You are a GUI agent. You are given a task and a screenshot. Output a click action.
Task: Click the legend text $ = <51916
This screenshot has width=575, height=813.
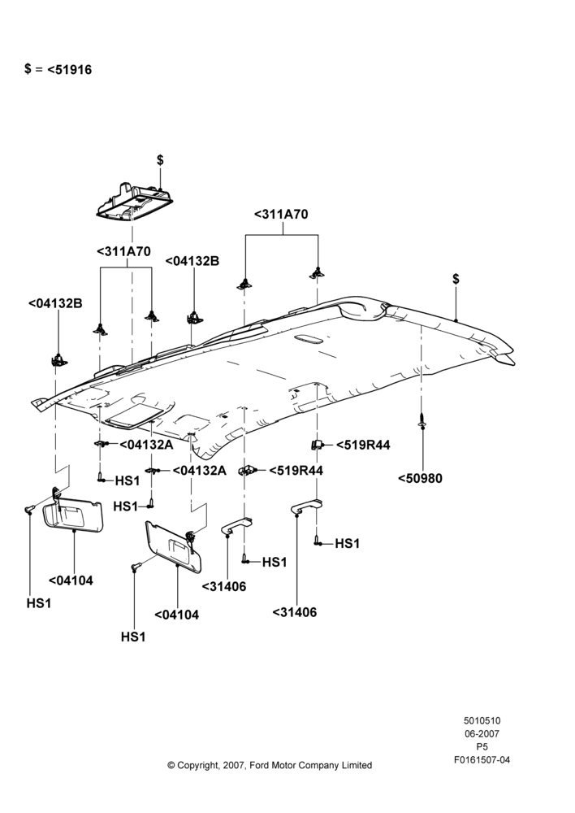(58, 69)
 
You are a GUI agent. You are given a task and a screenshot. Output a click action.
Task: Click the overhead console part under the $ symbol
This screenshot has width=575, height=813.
(135, 203)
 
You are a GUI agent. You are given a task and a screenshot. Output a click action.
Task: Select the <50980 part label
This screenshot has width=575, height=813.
(420, 478)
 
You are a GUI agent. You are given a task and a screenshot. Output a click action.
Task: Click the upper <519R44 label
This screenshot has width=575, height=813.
(363, 445)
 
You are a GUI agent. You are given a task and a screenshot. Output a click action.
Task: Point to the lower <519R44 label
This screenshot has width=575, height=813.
(296, 470)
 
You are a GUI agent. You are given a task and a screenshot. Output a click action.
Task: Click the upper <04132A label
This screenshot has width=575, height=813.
(147, 445)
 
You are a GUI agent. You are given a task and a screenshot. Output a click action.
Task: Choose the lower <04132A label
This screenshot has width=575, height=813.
(200, 470)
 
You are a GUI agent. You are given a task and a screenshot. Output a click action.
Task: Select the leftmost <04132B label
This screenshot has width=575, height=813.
(55, 303)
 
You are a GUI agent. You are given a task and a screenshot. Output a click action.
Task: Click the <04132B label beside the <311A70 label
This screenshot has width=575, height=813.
(192, 261)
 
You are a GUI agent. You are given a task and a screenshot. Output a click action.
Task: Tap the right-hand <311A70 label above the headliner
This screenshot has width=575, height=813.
(281, 214)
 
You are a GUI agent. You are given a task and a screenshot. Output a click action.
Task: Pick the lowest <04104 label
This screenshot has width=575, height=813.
(177, 615)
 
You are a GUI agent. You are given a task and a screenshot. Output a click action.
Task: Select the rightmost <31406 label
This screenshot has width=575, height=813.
(295, 612)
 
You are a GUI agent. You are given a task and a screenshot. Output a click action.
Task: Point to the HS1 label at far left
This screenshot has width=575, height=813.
(39, 603)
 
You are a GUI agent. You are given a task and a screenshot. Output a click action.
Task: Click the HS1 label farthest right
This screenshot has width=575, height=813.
(347, 543)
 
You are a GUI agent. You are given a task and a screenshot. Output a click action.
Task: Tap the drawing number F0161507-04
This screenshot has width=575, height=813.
(482, 760)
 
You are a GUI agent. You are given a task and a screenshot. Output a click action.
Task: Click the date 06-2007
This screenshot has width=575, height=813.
(482, 733)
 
